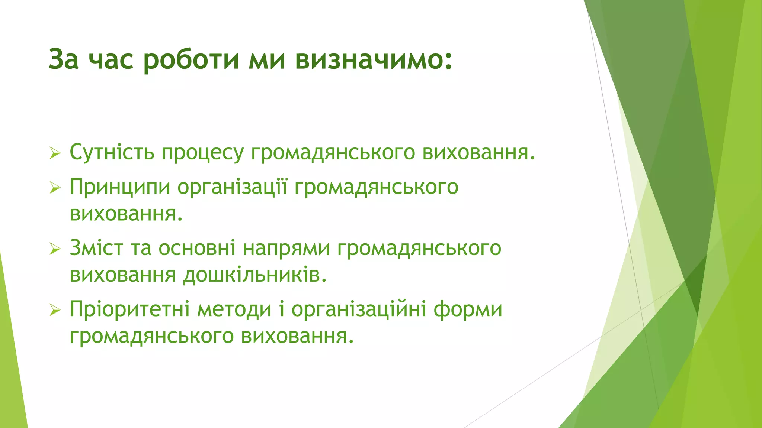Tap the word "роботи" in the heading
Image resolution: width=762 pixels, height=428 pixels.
click(191, 59)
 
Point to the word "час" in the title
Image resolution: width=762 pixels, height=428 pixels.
click(111, 59)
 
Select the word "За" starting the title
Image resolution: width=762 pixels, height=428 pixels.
click(64, 59)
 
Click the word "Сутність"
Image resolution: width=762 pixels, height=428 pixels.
click(112, 152)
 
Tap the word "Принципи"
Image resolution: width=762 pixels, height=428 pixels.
click(120, 187)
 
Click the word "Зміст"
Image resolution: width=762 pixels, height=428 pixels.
click(96, 248)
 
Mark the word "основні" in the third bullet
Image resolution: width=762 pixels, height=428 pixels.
click(197, 248)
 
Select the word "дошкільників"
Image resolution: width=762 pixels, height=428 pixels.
click(255, 275)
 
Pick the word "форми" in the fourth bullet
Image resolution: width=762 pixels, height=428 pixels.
click(468, 309)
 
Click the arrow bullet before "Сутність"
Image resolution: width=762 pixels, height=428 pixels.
click(55, 153)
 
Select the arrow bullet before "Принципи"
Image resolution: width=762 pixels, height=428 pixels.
click(55, 188)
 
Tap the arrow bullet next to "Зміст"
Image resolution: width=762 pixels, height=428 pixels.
click(55, 249)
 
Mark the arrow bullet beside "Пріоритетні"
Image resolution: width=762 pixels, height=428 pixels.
click(55, 310)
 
